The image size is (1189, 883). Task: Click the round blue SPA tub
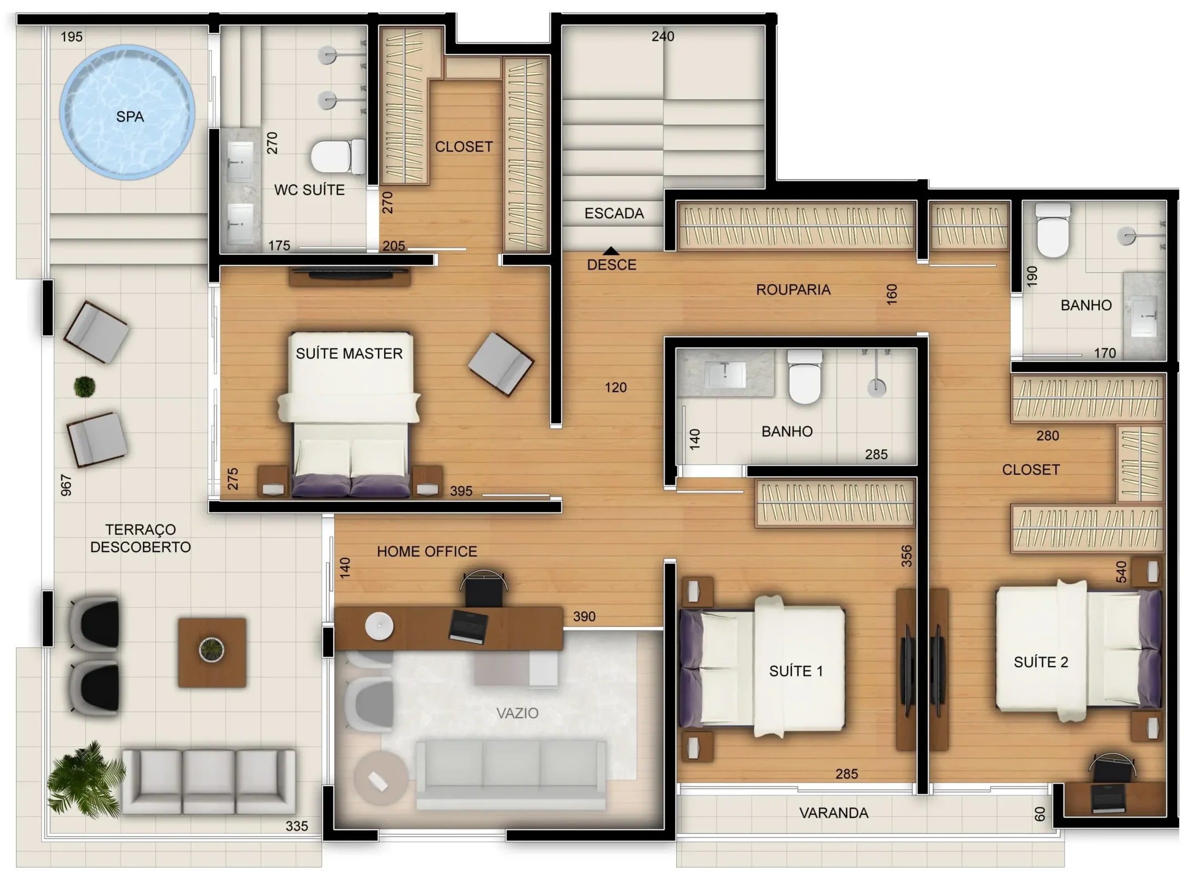coord(127,113)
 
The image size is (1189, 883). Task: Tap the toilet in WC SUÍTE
coord(337,157)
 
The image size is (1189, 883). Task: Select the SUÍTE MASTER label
coord(349,354)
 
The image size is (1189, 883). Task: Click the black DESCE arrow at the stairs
coord(611,251)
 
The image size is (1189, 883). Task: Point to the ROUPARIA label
coord(793,289)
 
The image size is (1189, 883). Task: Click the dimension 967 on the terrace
coord(66,485)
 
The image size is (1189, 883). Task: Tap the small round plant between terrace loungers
coord(84,387)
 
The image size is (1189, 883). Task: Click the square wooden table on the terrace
coord(211,653)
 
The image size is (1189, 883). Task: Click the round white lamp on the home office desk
coord(379,626)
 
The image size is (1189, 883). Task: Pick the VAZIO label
coord(517,713)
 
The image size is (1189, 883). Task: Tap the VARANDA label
coord(834,813)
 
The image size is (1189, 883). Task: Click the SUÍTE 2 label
coord(1041,662)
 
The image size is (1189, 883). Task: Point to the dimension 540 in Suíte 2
coord(1121,571)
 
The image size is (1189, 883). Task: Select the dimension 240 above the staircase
coord(663,37)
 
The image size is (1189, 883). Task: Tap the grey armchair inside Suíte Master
coord(500,364)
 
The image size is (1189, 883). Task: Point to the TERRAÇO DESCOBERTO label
coord(140,538)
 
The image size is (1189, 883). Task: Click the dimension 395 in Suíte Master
coord(461,491)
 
